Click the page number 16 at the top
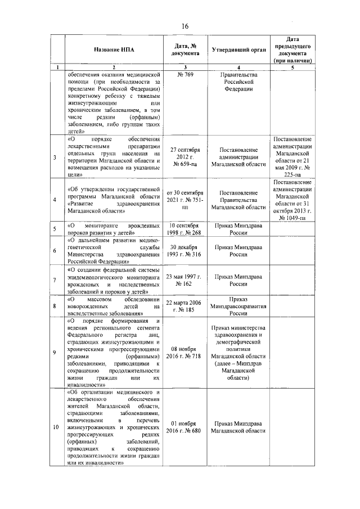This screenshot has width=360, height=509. [184, 26]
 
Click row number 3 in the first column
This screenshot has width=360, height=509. [55, 157]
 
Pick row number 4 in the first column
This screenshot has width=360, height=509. [55, 200]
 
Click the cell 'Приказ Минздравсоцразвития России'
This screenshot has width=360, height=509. [238, 306]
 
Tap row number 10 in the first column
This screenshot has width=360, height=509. [55, 427]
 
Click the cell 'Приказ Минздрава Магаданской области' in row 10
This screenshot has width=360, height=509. [238, 427]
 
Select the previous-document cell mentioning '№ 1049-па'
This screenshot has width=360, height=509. [292, 200]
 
